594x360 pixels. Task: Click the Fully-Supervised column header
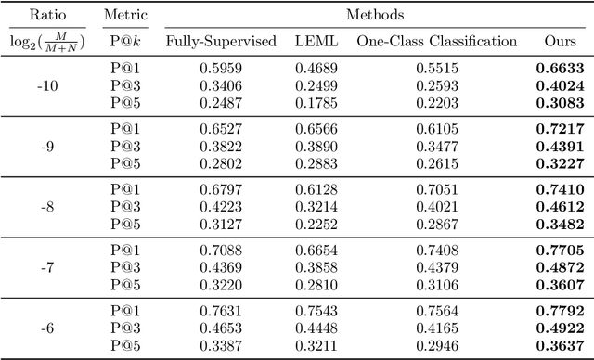point(221,41)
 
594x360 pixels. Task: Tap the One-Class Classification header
point(436,41)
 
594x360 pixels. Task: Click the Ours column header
point(561,41)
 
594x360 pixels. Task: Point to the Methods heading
point(370,15)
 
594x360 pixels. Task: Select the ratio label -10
point(48,84)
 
